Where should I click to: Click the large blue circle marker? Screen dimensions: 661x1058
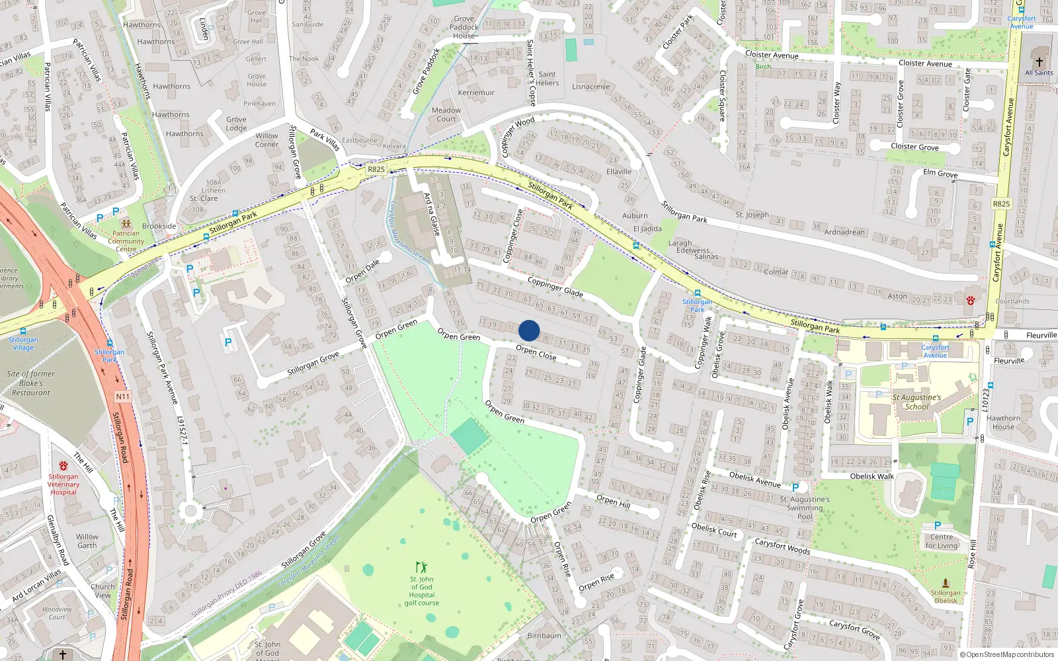(x=529, y=330)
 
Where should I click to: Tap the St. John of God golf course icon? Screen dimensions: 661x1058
(x=421, y=567)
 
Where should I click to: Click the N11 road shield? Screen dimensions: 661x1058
(x=123, y=397)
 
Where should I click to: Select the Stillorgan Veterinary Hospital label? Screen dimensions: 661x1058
(x=63, y=484)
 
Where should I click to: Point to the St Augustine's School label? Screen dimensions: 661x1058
(x=916, y=402)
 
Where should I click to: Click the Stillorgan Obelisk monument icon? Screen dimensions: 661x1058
(x=946, y=583)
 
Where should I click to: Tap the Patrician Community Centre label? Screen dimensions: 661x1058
(x=126, y=241)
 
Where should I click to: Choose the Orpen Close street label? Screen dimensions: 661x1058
(x=536, y=352)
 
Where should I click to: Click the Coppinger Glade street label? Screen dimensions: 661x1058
(x=555, y=286)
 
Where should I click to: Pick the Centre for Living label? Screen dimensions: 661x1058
(x=942, y=541)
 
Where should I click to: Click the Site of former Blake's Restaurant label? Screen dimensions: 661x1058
(x=30, y=383)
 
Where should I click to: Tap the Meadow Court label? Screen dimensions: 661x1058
(x=446, y=115)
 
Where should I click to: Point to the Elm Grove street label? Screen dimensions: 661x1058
(x=940, y=173)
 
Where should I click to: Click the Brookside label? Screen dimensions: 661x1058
(x=159, y=226)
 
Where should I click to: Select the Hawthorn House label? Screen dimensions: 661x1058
(x=1003, y=422)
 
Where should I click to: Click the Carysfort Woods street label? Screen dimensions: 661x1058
(x=782, y=545)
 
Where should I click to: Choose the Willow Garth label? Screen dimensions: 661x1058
(x=87, y=541)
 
